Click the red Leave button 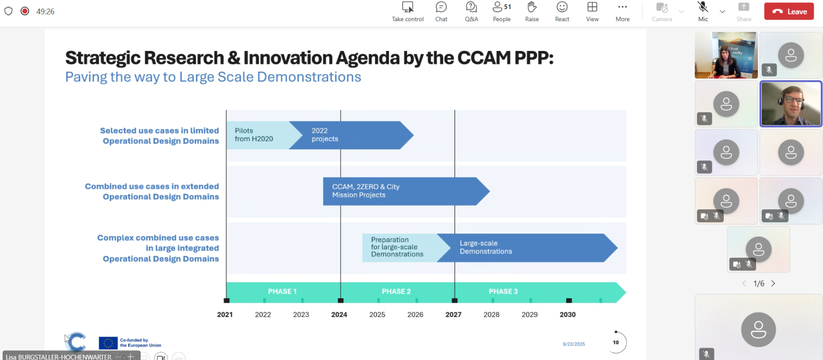coord(789,11)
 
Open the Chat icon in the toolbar coord(441,7)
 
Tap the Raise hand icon coord(532,7)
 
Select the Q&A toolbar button coord(471,7)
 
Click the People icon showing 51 coord(502,7)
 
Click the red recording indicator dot coord(25,11)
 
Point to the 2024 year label coord(339,314)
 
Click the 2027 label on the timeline coord(453,314)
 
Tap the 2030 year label coord(568,314)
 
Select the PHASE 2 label coord(396,291)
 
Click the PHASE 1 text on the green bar coord(282,291)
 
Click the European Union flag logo coord(108,343)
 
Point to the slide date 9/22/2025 coord(574,344)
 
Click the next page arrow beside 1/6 coord(773,283)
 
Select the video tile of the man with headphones coord(791,103)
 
